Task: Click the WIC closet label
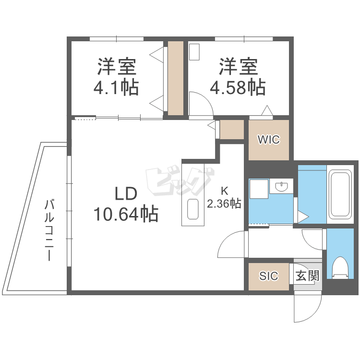[x=269, y=140]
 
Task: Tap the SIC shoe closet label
[x=269, y=276]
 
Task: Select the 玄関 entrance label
[x=307, y=276]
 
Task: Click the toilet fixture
[x=340, y=268]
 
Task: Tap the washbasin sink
[x=281, y=186]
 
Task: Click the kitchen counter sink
[x=193, y=209]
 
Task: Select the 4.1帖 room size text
[x=116, y=87]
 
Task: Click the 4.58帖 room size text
[x=238, y=87]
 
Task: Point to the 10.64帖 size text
[x=126, y=214]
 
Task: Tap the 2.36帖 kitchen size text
[x=224, y=204]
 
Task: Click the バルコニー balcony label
[x=49, y=230]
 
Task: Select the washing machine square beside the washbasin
[x=259, y=189]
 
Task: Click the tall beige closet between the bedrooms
[x=176, y=78]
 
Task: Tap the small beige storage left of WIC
[x=232, y=129]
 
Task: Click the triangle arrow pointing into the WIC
[x=267, y=110]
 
